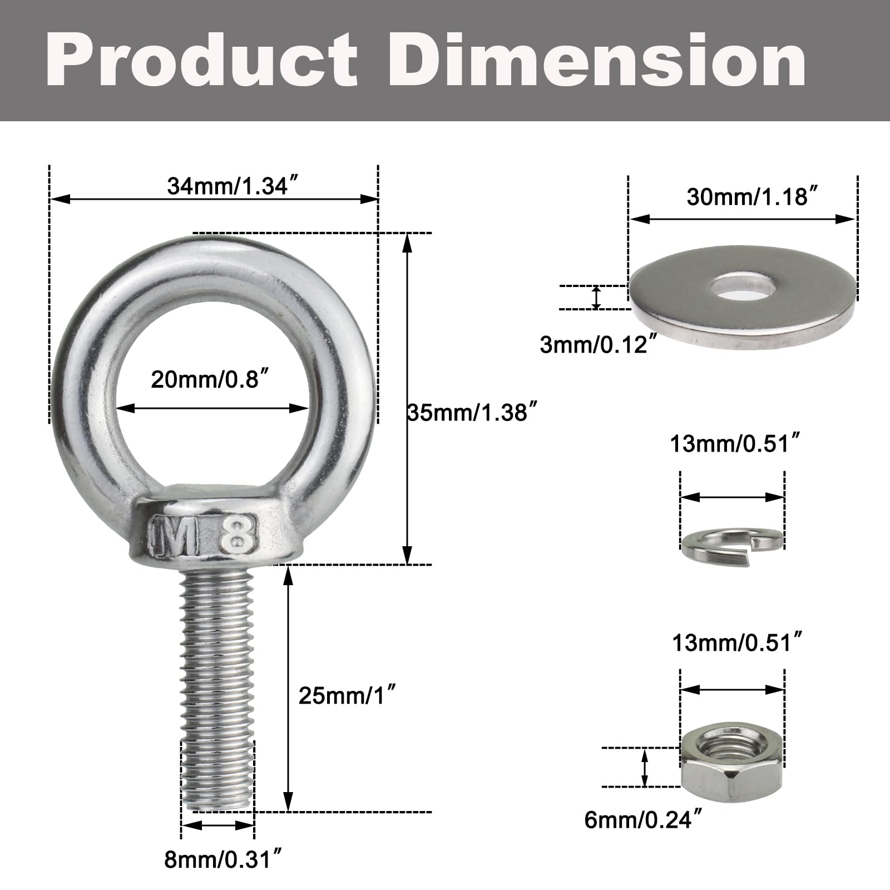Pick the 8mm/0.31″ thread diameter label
coord(225,859)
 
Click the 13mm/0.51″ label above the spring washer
coord(736,444)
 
